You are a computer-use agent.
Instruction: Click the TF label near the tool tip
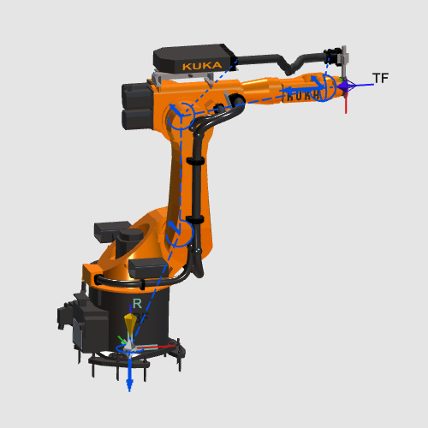tap(380, 78)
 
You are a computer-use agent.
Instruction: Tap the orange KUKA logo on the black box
tap(202, 66)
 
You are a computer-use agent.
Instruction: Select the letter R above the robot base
tap(137, 304)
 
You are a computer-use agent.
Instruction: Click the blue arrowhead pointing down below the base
tap(129, 385)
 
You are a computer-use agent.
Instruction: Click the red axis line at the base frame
tap(156, 348)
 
